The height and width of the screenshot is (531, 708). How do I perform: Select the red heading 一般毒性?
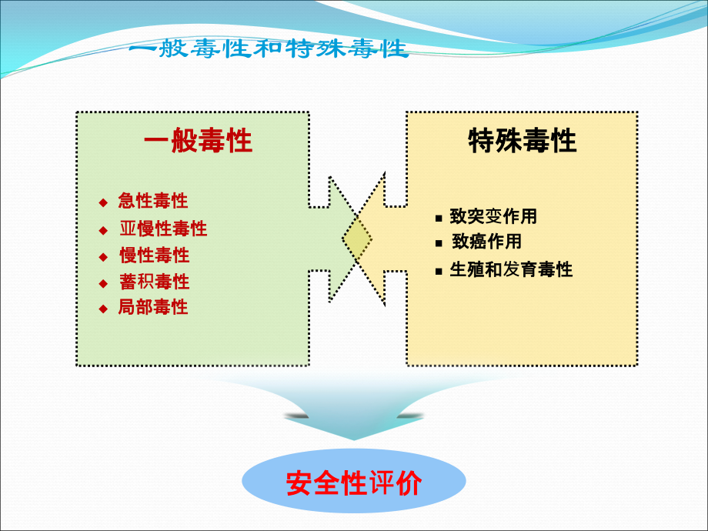198,140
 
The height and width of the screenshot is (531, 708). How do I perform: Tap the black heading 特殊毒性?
523,140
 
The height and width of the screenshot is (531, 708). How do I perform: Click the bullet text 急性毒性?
153,201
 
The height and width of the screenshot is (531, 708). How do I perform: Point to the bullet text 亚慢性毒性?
163,229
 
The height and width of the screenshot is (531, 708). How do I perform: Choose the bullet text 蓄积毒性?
155,282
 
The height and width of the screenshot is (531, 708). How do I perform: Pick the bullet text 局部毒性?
153,307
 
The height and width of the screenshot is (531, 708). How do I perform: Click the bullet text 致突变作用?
493,216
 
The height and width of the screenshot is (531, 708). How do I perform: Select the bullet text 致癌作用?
486,242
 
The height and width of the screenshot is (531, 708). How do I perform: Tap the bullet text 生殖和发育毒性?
511,269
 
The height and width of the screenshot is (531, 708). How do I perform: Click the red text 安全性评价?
354,483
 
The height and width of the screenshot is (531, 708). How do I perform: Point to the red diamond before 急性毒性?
103,202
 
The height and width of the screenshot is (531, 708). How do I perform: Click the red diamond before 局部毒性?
103,309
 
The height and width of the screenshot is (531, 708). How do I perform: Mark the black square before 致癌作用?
439,243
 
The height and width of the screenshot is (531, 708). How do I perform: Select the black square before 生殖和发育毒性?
439,272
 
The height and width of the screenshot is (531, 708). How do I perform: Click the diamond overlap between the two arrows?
357,239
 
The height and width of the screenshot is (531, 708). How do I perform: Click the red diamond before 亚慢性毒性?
103,230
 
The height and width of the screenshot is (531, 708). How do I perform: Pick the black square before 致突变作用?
439,219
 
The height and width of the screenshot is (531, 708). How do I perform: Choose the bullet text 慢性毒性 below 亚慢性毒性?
155,255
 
